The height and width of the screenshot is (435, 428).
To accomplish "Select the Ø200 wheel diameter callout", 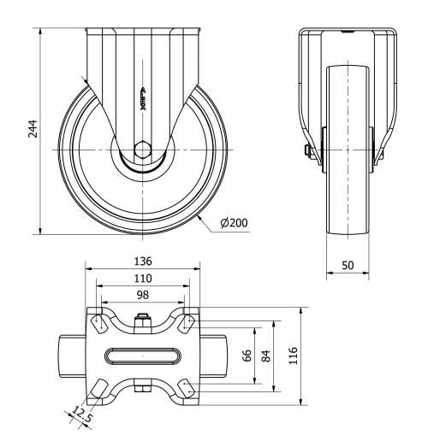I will (234, 223).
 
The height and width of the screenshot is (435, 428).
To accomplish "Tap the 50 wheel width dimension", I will (348, 266).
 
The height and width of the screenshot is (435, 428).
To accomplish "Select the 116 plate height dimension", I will (294, 356).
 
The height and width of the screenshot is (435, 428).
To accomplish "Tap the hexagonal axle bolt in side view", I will (143, 150).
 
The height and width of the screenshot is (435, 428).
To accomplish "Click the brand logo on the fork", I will (143, 100).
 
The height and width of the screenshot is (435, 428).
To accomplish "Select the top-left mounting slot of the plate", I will (98, 323).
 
